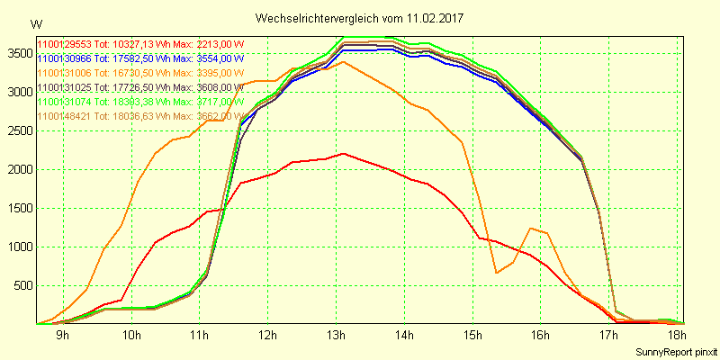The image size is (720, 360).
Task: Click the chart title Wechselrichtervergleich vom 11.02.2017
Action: (x=360, y=18)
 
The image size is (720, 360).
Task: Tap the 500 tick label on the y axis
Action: (x=22, y=286)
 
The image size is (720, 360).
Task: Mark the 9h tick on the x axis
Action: (x=62, y=336)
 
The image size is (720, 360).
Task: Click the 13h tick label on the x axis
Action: (x=335, y=336)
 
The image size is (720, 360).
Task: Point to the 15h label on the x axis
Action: (x=472, y=336)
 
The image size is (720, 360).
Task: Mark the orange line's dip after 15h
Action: (x=496, y=273)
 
